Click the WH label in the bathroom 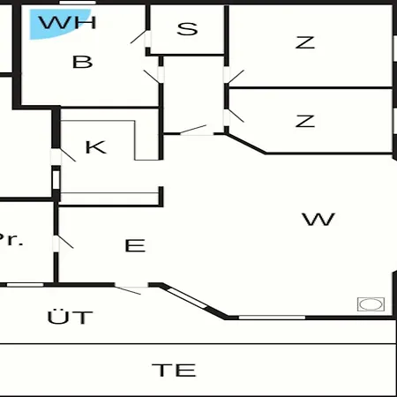(67, 22)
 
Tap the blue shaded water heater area (56, 24)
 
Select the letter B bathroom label (82, 62)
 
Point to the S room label (187, 29)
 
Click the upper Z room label (305, 42)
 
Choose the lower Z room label (305, 121)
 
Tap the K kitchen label (95, 147)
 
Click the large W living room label (318, 219)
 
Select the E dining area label (135, 245)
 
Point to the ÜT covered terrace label (70, 317)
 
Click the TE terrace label (174, 370)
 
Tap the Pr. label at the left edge (11, 239)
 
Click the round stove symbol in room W (371, 304)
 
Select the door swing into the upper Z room (236, 77)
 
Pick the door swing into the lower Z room (236, 116)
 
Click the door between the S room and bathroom (139, 37)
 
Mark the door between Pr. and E (65, 242)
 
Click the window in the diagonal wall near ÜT (188, 298)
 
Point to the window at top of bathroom (78, 3)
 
